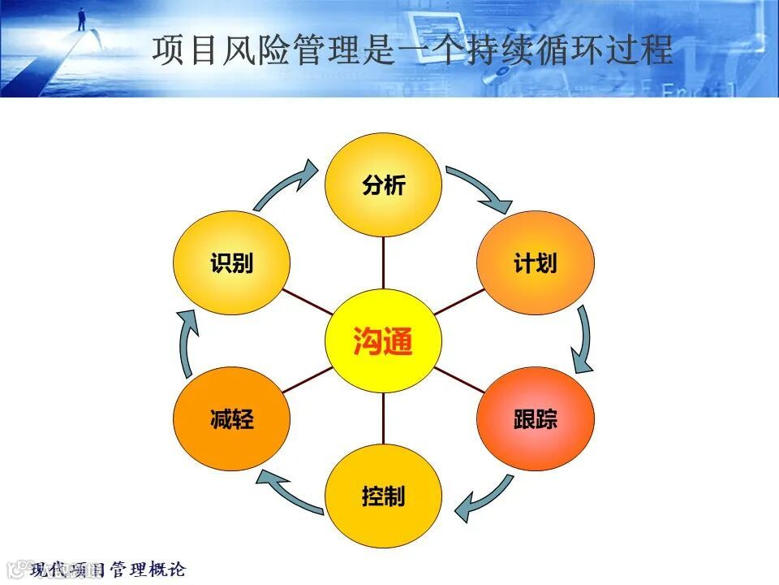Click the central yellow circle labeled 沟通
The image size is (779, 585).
click(383, 341)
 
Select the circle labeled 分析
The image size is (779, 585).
click(383, 185)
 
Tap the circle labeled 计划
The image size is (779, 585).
click(536, 263)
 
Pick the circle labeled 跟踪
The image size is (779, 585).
click(536, 419)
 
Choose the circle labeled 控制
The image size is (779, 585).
click(383, 496)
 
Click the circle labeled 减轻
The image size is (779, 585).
click(231, 419)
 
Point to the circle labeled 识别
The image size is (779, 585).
click(231, 263)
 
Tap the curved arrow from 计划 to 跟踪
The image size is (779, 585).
click(583, 340)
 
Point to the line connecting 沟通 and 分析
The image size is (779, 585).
click(383, 262)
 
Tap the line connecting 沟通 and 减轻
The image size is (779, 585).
click(307, 380)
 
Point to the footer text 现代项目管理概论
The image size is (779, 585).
click(109, 570)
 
